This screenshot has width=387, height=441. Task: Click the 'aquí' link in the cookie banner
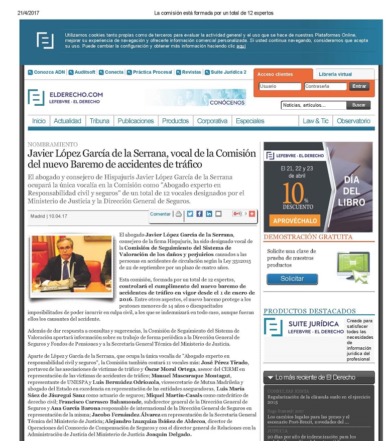pyautogui.click(x=241, y=46)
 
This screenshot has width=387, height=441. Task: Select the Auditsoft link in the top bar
pyautogui.click(x=84, y=72)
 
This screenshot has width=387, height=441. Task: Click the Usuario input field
pyautogui.click(x=280, y=86)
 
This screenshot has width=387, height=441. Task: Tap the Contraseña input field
pyautogui.click(x=325, y=86)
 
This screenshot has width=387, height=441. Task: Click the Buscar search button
pyautogui.click(x=359, y=105)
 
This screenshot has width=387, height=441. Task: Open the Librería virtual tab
pyautogui.click(x=335, y=74)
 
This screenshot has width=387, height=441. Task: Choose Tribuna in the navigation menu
pyautogui.click(x=99, y=121)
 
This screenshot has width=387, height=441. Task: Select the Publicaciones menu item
pyautogui.click(x=136, y=121)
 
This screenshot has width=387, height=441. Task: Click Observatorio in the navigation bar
pyautogui.click(x=353, y=121)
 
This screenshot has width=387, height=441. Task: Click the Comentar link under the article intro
pyautogui.click(x=161, y=214)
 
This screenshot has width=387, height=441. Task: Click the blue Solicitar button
pyautogui.click(x=292, y=279)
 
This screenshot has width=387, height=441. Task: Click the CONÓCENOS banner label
pyautogui.click(x=227, y=102)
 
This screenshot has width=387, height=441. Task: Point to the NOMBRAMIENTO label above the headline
pyautogui.click(x=53, y=144)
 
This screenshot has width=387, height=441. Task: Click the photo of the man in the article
pyautogui.click(x=71, y=264)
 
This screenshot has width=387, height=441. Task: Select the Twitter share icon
pyautogui.click(x=190, y=214)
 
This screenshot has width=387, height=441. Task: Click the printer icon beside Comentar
pyautogui.click(x=179, y=214)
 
